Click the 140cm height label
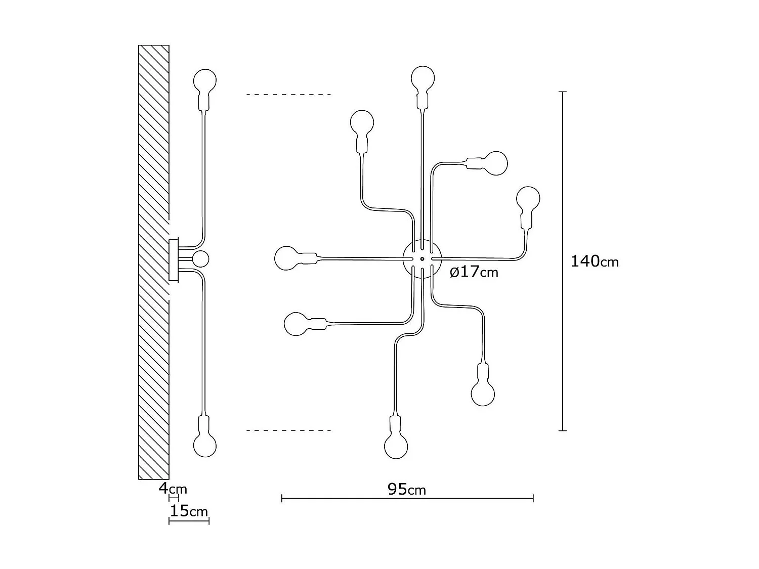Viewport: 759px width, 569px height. point(594,261)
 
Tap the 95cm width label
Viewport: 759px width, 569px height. point(406,489)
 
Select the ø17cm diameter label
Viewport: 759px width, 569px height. point(474,272)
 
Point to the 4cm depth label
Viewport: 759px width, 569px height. point(173,489)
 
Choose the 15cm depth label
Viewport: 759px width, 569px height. point(188,511)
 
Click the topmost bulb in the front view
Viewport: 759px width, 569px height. point(423,78)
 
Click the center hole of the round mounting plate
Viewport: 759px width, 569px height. point(422,259)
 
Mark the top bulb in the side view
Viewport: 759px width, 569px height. point(205,80)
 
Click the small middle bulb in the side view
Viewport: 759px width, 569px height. point(200,258)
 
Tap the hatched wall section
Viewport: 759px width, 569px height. point(154,152)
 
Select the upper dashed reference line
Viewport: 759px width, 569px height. point(288,95)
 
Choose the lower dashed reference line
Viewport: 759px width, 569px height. point(288,430)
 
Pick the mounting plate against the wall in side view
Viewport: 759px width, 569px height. point(174,260)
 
